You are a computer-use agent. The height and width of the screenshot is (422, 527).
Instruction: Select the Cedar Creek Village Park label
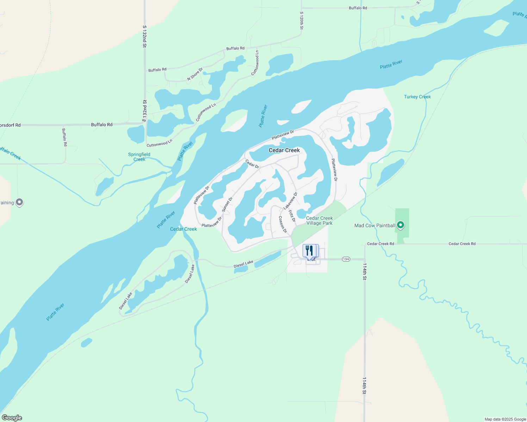pyautogui.click(x=319, y=220)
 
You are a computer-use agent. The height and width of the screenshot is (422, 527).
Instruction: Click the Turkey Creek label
pyautogui.click(x=417, y=97)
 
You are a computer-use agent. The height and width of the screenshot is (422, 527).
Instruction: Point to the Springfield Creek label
pyautogui.click(x=139, y=157)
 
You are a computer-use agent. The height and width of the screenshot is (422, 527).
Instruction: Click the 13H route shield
pyautogui.click(x=346, y=259)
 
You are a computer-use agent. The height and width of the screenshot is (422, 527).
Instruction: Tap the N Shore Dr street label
pyautogui.click(x=195, y=74)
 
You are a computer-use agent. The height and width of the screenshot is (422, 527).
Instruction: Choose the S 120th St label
pyautogui.click(x=302, y=20)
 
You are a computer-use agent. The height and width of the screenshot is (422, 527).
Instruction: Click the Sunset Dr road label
pyautogui.click(x=227, y=204)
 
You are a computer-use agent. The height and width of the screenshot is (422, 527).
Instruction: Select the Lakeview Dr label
pyautogui.click(x=290, y=201)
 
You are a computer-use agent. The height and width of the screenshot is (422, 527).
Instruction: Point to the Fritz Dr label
pyautogui.click(x=292, y=216)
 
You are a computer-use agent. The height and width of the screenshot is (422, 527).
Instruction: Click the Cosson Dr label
pyautogui.click(x=283, y=224)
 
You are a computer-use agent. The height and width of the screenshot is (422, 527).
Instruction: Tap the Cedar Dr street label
pyautogui.click(x=252, y=164)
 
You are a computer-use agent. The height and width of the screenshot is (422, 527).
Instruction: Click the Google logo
pyautogui.click(x=12, y=418)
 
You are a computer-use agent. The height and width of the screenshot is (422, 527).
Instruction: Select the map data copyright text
pyautogui.click(x=505, y=419)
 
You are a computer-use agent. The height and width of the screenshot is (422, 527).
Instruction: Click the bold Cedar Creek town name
pyautogui.click(x=284, y=150)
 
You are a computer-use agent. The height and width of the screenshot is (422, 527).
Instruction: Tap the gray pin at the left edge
pyautogui.click(x=20, y=202)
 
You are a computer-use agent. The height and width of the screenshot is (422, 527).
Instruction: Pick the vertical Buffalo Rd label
pyautogui.click(x=64, y=137)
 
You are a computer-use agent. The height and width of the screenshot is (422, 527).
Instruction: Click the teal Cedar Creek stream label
pyautogui.click(x=183, y=229)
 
